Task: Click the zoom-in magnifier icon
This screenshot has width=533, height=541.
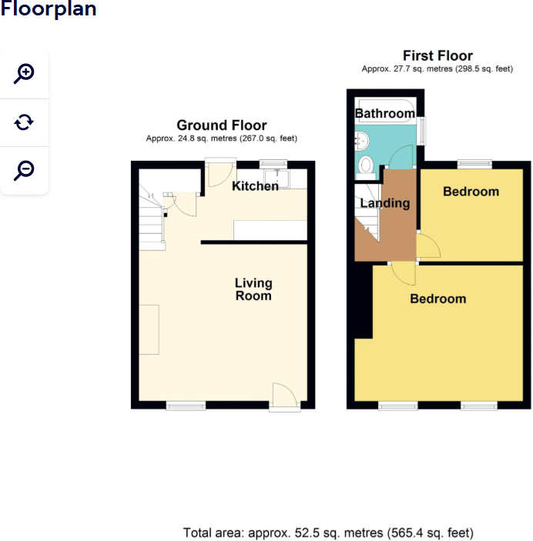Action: coord(24,74)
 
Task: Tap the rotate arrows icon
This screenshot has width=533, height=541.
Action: coord(24,122)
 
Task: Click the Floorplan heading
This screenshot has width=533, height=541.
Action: coord(49,10)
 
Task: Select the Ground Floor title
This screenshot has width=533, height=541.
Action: coord(222,125)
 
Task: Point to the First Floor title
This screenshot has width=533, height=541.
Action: coord(437,55)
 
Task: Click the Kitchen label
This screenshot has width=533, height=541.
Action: coord(255,186)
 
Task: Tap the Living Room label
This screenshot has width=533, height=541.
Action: coord(253,289)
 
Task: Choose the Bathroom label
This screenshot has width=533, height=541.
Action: coord(384,114)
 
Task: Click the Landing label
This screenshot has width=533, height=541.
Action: coord(385,204)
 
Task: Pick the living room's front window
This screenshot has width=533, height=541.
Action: coord(186,405)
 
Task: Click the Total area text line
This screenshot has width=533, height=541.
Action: coord(328,533)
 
